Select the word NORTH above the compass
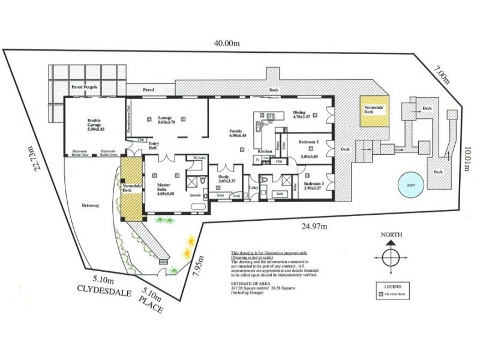(389, 235)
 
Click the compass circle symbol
(389, 258)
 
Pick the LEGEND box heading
(389, 287)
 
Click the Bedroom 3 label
(314, 185)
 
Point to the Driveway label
(91, 206)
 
